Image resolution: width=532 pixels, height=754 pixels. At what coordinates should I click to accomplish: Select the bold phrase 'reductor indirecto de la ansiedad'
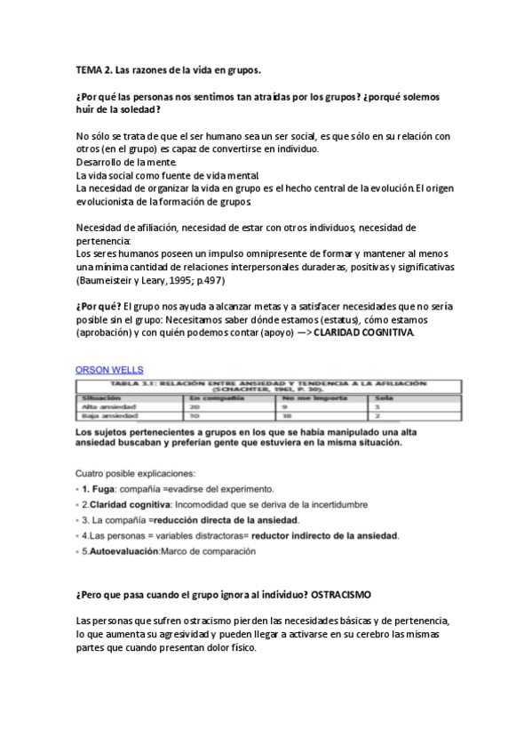point(325,535)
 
